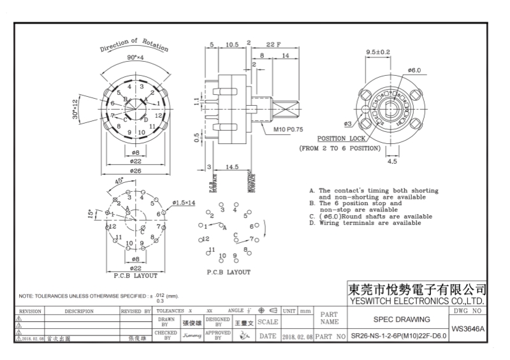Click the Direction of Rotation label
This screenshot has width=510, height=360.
point(134,45)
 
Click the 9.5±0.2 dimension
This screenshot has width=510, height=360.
point(378,52)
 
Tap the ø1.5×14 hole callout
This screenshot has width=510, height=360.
point(184,202)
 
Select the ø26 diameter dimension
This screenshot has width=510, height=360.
point(135,170)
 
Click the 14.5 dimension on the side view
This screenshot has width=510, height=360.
point(231,166)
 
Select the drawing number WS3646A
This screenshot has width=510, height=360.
point(468,329)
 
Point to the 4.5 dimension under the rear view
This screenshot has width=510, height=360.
point(392,162)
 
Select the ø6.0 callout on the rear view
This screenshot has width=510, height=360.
point(414,70)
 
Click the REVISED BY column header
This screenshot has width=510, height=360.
point(136,311)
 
